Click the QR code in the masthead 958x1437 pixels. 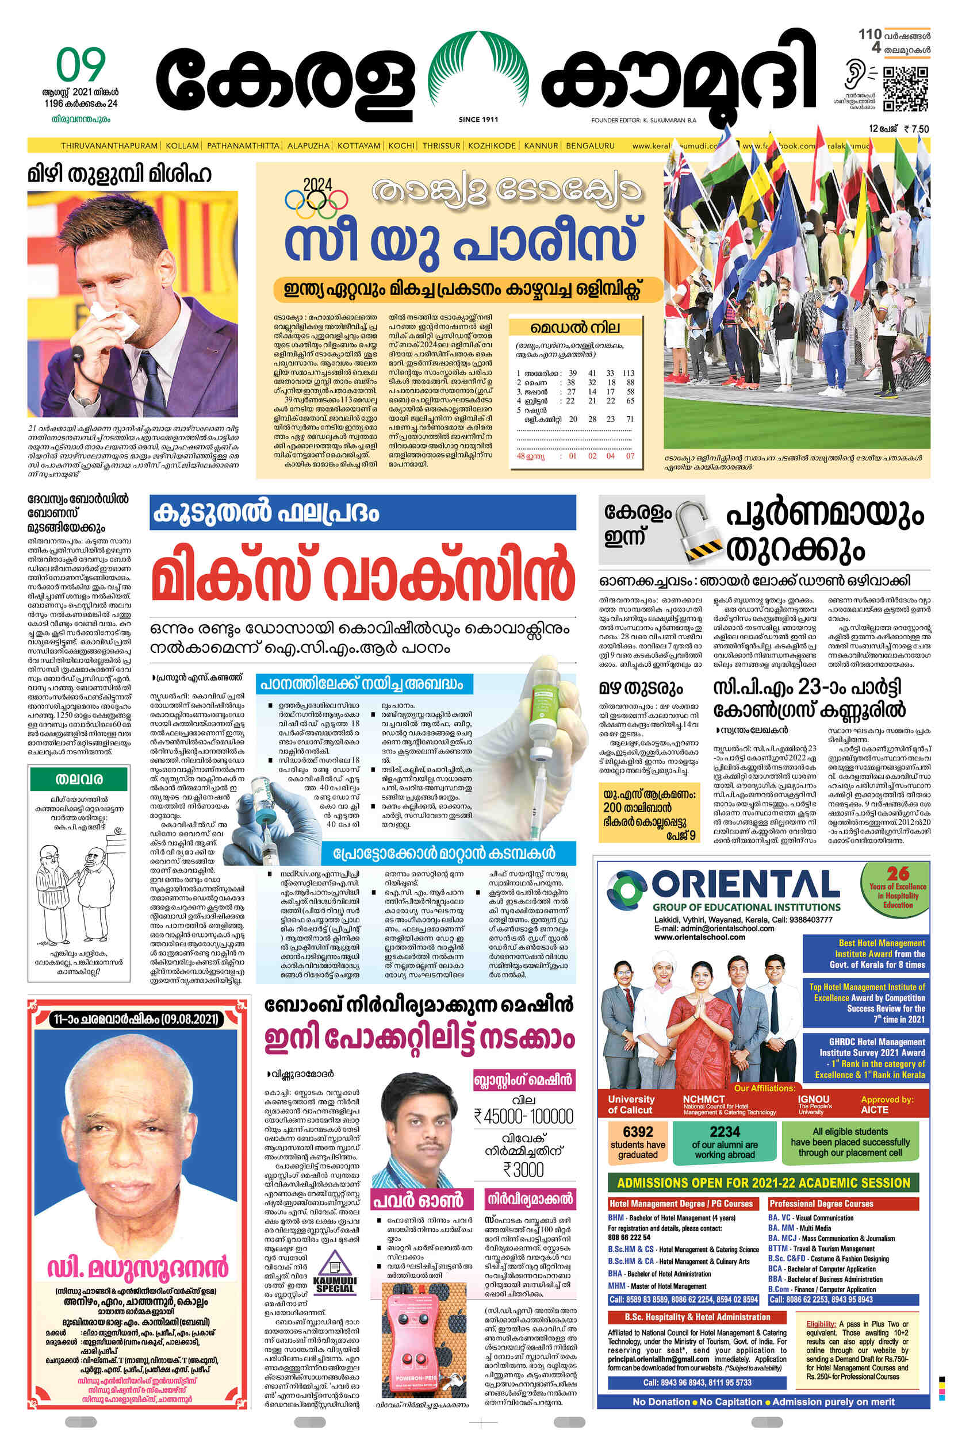coord(905,89)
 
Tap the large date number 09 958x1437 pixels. coord(81,66)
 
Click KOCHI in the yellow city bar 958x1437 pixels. coord(401,146)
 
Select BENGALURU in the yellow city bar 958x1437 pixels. coord(589,146)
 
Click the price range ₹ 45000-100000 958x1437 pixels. coord(524,1117)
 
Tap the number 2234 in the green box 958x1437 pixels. coord(724,1132)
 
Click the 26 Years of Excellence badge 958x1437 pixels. coord(898,887)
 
